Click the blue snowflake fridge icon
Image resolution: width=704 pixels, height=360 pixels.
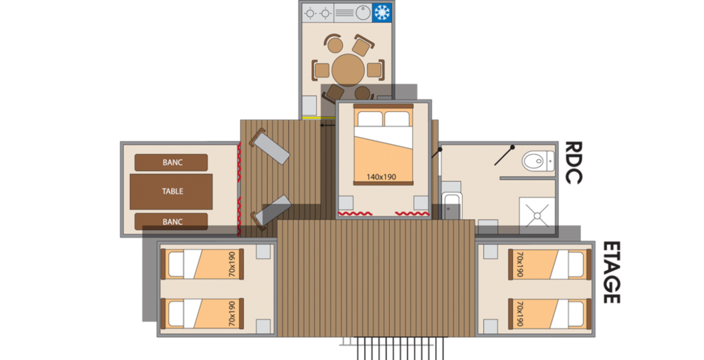[x=382, y=12]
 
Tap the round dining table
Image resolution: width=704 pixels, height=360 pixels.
[x=348, y=70]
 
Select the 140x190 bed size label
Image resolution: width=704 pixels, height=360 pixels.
[x=381, y=177]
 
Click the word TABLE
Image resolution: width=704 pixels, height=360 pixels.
[x=173, y=191]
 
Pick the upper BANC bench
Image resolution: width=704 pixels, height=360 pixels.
[x=171, y=163]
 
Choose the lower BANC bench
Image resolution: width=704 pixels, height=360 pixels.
[x=171, y=221]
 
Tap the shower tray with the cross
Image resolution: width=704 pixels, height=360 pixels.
[x=538, y=216]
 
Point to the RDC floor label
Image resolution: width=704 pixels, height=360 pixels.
[x=573, y=163]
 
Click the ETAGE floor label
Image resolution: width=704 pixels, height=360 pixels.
[x=611, y=273]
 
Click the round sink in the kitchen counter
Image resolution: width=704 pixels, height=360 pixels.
[x=363, y=12]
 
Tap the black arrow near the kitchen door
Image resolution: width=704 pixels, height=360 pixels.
[x=328, y=125]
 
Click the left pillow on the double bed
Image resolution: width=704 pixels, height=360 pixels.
[x=370, y=118]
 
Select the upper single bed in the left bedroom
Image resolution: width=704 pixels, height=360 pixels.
[x=202, y=264]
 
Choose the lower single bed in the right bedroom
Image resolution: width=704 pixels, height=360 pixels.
[x=549, y=313]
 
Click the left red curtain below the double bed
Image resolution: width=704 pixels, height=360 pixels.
[x=355, y=213]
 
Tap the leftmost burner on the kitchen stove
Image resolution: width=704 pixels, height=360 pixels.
[x=310, y=13]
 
